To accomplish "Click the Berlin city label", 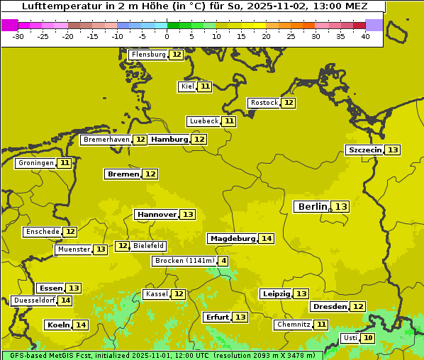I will [x=312, y=206].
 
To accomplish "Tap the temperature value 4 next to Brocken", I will [x=224, y=261].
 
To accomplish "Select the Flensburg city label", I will [x=148, y=55].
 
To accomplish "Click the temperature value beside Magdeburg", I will [x=266, y=239].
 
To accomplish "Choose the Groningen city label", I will [x=36, y=163].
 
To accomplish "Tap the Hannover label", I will [x=157, y=214].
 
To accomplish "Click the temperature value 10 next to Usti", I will [x=368, y=338].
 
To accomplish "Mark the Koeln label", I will [x=58, y=325].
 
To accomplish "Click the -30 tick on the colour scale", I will [x=18, y=36].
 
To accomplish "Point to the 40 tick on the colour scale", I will [x=365, y=36].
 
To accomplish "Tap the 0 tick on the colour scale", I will [x=167, y=36].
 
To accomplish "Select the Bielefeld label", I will [x=148, y=246].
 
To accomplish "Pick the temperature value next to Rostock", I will [x=288, y=103].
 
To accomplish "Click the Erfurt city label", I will [x=216, y=317].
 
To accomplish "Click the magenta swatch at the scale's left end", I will [x=9, y=25].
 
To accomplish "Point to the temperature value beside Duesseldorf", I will [x=65, y=300].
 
